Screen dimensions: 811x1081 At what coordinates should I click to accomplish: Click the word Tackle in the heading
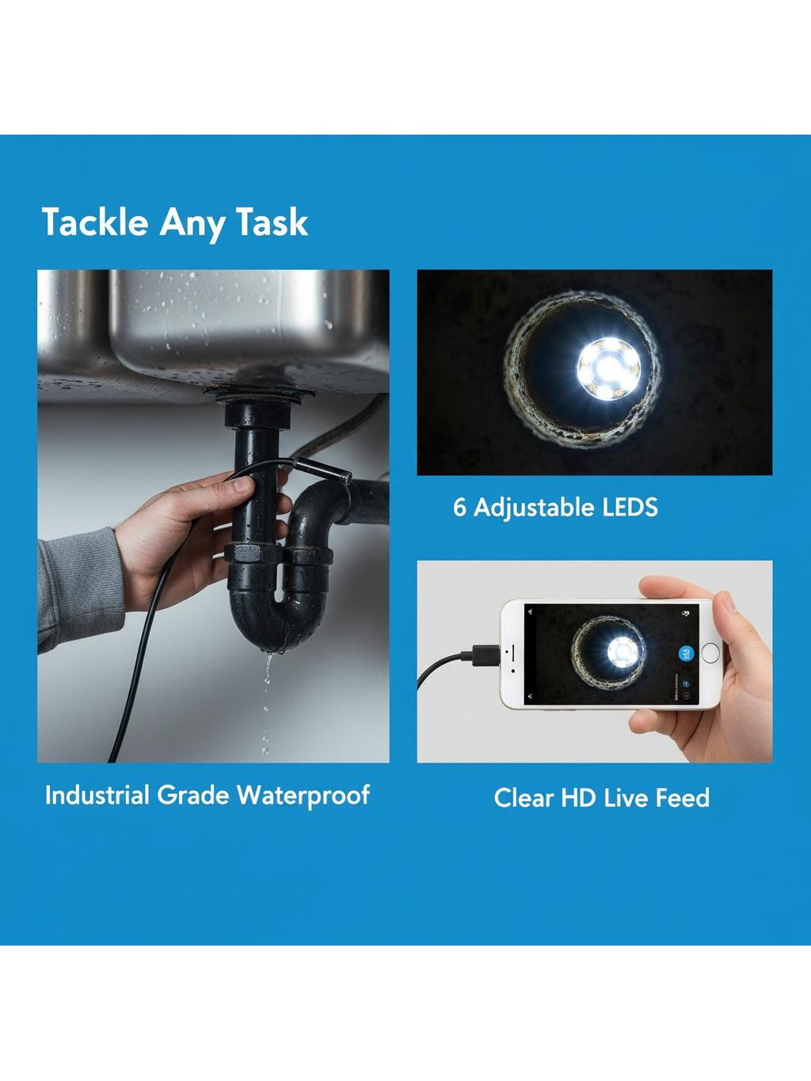(95, 222)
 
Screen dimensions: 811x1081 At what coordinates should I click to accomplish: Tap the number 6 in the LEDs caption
(459, 508)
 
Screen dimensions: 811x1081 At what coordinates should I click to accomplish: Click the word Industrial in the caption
(97, 795)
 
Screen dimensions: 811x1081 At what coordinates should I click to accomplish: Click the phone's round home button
(710, 653)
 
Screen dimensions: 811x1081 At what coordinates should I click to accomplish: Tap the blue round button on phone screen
(687, 653)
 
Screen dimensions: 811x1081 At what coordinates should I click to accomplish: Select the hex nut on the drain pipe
(250, 554)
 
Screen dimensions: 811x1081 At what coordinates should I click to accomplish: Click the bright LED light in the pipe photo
(608, 368)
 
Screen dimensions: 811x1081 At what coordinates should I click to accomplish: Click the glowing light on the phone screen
(624, 652)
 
